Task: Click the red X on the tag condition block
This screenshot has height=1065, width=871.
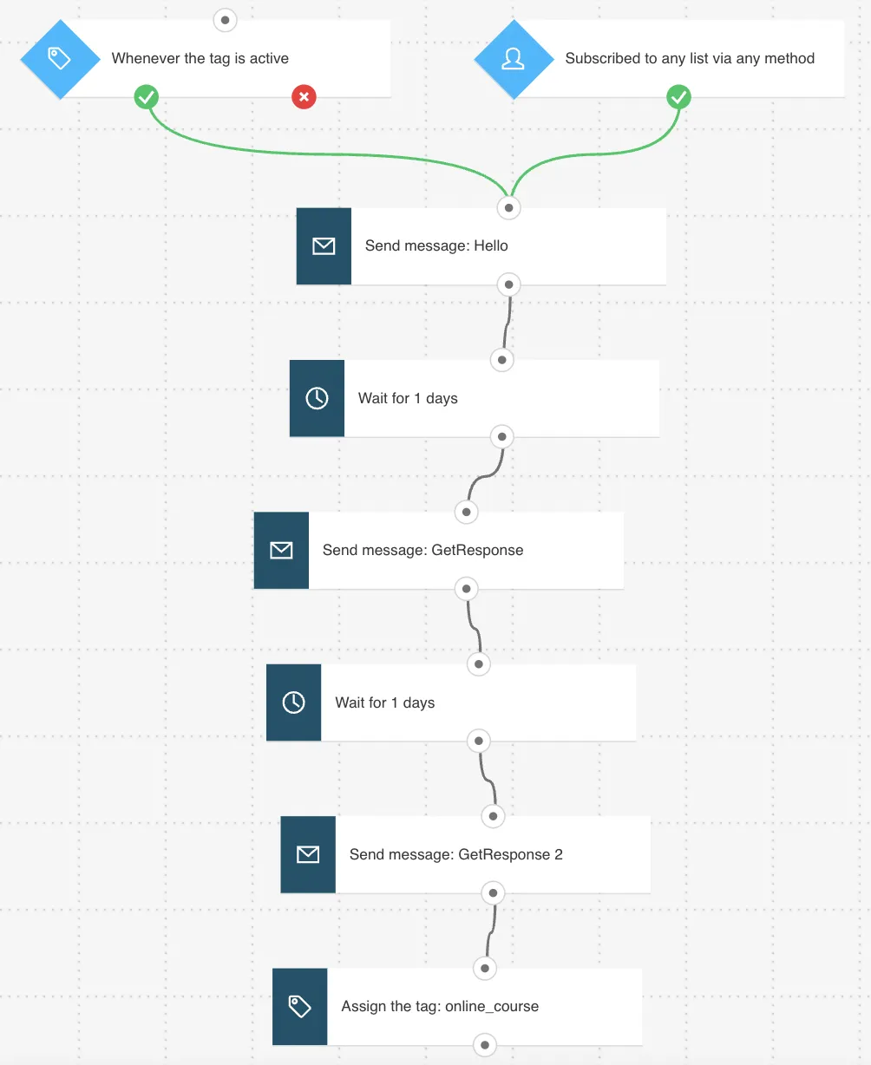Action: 304,97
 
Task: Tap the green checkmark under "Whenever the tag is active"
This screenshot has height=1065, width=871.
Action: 147,97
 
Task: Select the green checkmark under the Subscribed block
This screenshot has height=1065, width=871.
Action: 678,97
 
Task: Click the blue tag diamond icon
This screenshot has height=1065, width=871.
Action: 60,59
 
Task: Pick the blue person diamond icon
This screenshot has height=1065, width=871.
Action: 514,59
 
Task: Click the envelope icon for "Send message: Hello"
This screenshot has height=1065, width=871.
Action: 324,246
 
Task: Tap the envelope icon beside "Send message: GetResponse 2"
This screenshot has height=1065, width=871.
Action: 308,854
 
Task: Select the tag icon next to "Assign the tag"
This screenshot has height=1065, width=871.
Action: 299,1006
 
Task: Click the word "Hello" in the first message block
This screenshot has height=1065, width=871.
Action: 490,246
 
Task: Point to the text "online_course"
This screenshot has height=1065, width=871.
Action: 492,1006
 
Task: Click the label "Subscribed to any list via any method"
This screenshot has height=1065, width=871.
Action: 690,59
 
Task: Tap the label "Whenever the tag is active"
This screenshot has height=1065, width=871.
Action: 200,59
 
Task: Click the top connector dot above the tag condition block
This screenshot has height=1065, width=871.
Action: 226,20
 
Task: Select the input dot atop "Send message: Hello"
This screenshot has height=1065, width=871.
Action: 508,208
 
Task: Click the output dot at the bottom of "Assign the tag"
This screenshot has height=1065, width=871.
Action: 485,1045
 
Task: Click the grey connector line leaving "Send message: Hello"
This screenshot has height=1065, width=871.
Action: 506,322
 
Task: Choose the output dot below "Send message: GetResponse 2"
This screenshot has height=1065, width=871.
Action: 493,892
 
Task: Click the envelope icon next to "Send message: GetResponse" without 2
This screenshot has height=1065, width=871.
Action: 281,550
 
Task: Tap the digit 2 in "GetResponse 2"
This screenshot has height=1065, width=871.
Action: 559,854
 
